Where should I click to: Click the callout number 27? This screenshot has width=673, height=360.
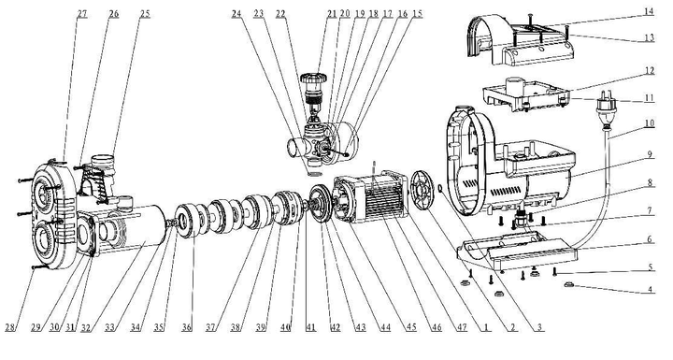tap(82, 14)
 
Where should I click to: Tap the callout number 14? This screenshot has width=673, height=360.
tap(649, 11)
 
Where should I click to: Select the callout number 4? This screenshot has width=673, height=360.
tap(650, 289)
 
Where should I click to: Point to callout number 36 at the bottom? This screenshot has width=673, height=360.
tap(186, 327)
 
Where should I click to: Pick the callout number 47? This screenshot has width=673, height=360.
tap(462, 327)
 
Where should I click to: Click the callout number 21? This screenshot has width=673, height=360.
tap(332, 14)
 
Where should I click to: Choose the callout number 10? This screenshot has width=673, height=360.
tap(649, 123)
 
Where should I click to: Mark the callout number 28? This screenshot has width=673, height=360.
tap(10, 327)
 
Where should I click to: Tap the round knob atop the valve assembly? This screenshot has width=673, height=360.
tap(313, 79)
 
